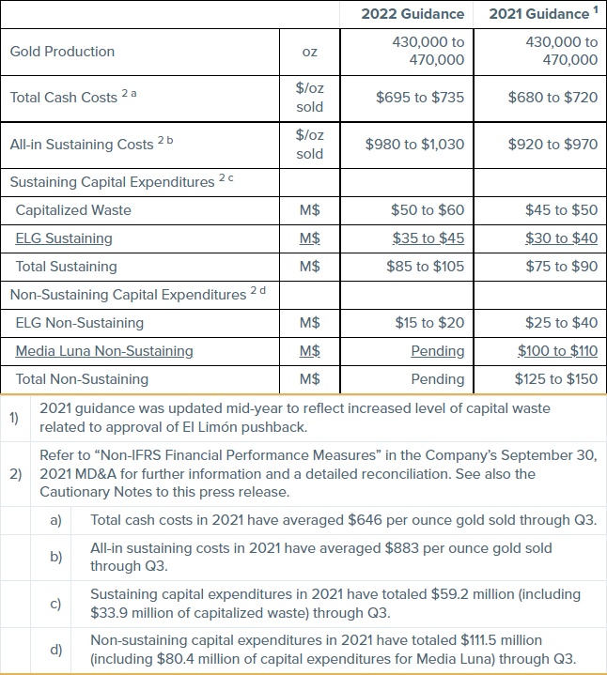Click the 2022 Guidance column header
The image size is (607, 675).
412,14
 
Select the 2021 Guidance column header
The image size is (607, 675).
539,14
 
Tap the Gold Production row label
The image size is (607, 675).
62,52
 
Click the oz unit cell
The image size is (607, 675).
309,52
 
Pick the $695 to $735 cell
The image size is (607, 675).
420,98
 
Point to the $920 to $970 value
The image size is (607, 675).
553,145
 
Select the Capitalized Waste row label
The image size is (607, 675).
73,210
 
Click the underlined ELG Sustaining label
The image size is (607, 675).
64,238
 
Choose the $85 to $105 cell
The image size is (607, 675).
426,267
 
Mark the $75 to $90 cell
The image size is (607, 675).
560,267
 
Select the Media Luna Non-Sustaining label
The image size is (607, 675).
104,351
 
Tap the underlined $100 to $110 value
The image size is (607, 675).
557,351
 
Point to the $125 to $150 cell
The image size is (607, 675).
556,379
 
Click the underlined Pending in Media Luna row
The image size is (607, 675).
438,351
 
